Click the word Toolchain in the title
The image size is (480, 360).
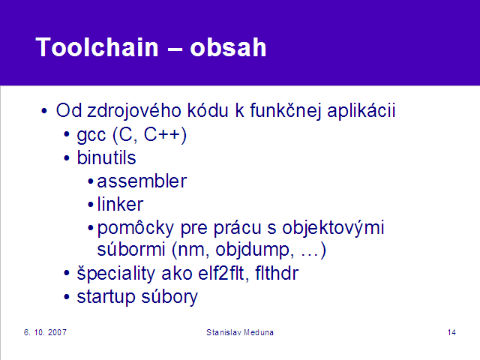pyautogui.click(x=97, y=46)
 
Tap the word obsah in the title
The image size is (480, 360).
pyautogui.click(x=228, y=47)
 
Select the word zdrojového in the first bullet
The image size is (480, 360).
pyautogui.click(x=134, y=111)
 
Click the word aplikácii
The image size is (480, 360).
pyautogui.click(x=361, y=111)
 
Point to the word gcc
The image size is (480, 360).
pyautogui.click(x=91, y=136)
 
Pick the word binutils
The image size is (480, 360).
pyautogui.click(x=106, y=157)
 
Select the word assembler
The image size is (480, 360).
pyautogui.click(x=142, y=181)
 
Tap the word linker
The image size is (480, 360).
pyautogui.click(x=120, y=204)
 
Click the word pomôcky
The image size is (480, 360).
pyautogui.click(x=135, y=228)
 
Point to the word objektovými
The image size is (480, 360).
pyautogui.click(x=333, y=228)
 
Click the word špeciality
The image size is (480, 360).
pyautogui.click(x=115, y=273)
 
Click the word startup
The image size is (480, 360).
pyautogui.click(x=106, y=297)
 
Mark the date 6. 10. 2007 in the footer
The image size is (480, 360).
pyautogui.click(x=45, y=332)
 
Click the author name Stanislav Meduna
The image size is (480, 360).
pyautogui.click(x=240, y=332)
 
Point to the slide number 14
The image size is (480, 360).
pyautogui.click(x=451, y=332)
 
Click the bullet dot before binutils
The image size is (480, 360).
pyautogui.click(x=67, y=158)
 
